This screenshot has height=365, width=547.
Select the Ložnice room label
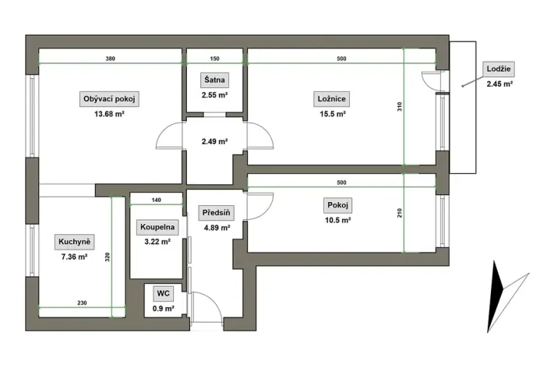(x=332, y=99)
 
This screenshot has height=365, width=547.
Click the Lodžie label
(x=498, y=68)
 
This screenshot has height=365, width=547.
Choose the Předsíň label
(x=216, y=212)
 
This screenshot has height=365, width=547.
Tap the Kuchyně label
(x=74, y=242)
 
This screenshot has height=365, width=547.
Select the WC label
(x=164, y=293)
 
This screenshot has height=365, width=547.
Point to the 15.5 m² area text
(x=332, y=114)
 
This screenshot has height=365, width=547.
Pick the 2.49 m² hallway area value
(x=214, y=142)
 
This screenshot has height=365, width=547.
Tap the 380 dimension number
(x=111, y=59)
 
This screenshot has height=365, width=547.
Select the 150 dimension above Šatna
(x=214, y=59)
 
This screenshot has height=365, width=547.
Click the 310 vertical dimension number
(x=400, y=108)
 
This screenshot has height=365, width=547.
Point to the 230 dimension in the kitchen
(x=82, y=303)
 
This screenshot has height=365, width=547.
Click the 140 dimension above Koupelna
(x=156, y=200)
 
